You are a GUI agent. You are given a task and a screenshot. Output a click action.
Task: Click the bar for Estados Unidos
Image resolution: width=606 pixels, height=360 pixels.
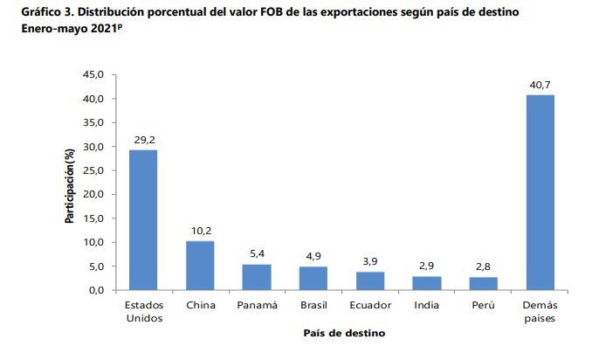pos(143,219)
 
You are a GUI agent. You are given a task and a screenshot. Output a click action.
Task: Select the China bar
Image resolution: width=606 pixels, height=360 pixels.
pos(200,265)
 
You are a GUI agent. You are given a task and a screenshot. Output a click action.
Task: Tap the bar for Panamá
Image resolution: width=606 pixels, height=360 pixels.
pos(257,276)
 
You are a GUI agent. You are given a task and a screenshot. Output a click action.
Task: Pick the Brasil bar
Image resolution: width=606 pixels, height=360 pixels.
pos(313,278)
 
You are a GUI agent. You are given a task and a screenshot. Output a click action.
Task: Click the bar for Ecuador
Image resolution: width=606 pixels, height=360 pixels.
pos(370,280)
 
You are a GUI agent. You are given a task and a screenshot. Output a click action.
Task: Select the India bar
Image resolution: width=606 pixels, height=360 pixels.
pos(427,282)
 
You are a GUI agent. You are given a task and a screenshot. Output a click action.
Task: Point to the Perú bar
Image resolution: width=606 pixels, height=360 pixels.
pos(483,283)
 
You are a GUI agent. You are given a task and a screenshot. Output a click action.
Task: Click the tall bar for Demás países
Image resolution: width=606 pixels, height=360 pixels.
pos(540,192)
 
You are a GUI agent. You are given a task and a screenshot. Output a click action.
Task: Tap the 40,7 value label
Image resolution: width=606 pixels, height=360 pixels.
pos(540,85)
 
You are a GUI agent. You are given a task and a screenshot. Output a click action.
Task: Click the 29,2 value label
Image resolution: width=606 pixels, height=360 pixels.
pos(143,140)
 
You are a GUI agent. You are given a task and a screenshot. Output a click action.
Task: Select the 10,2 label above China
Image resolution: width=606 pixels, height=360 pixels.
pos(200,231)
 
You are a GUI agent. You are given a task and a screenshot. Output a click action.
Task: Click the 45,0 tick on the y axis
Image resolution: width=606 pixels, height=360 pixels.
pos(93,75)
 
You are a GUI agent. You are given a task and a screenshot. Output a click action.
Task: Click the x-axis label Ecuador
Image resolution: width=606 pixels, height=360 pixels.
pos(370,305)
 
